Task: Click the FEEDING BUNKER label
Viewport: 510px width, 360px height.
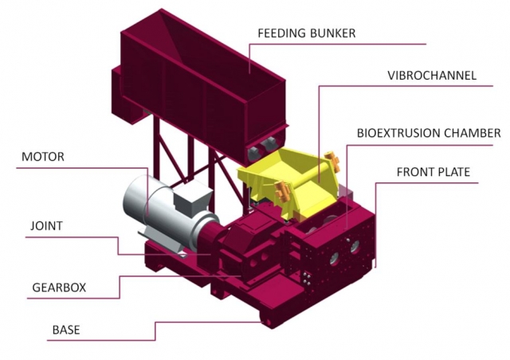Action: point(306,33)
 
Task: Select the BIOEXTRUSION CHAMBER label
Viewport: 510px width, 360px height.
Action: point(428,133)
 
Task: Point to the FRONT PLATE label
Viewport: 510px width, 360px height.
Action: point(433,171)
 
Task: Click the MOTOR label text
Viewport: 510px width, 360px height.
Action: point(42,157)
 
